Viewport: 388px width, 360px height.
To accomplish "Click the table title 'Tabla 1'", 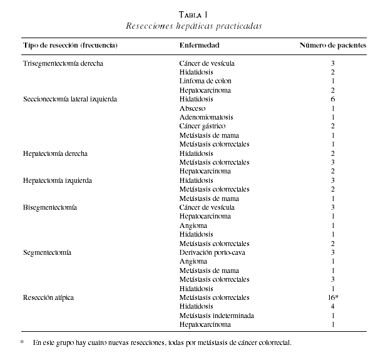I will click(193, 15).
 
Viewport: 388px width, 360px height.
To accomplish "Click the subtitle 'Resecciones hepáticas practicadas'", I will click(193, 26).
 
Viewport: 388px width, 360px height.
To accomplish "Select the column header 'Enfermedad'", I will click(199, 46).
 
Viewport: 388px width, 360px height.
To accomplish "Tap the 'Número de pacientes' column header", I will click(333, 46).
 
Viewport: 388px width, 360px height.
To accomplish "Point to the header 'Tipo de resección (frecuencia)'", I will click(71, 46).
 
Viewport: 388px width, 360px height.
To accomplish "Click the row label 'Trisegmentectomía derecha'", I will click(63, 63).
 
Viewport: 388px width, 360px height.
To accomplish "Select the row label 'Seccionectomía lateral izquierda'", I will click(70, 99).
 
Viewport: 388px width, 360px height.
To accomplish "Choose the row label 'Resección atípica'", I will click(48, 297).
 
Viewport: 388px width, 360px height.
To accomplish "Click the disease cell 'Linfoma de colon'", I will click(205, 81).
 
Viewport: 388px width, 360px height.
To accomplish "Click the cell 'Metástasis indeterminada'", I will click(217, 316).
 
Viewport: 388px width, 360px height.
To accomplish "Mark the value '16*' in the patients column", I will click(333, 297).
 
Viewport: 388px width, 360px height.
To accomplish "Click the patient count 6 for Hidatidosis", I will click(333, 99).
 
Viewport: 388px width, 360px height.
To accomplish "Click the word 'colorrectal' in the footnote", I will click(275, 343).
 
